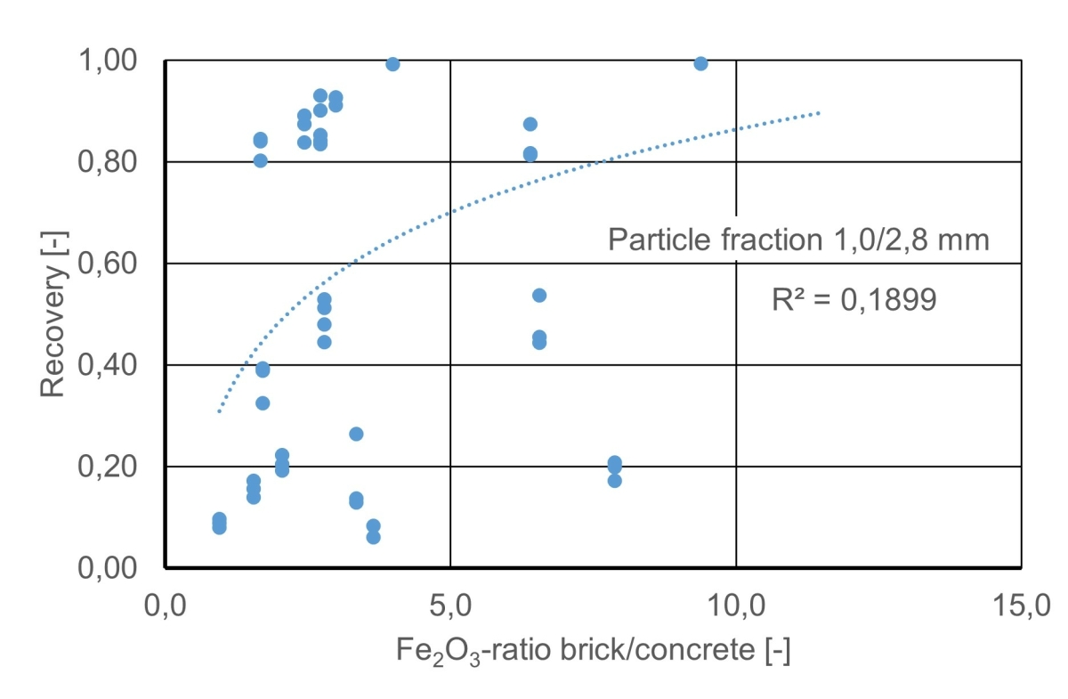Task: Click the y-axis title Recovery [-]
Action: (x=53, y=313)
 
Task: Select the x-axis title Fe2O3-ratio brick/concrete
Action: (x=593, y=652)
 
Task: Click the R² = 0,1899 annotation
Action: (x=854, y=300)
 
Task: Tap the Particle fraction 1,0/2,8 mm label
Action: (x=798, y=240)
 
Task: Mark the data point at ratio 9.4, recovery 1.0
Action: (x=700, y=63)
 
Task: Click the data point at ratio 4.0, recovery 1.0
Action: (x=392, y=64)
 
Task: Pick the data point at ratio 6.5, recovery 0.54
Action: (x=538, y=296)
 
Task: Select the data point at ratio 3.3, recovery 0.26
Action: (x=356, y=434)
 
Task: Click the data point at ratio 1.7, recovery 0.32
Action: (x=263, y=403)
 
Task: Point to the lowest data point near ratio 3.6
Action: (x=374, y=537)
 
